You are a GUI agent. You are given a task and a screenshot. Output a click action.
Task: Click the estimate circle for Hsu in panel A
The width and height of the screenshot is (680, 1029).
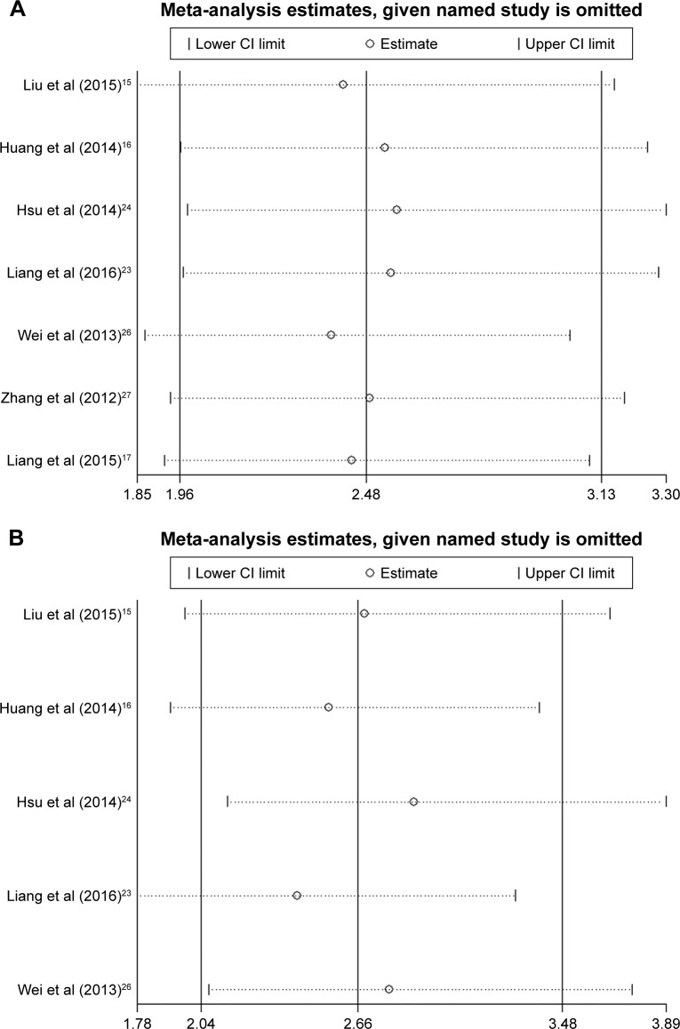click(x=396, y=210)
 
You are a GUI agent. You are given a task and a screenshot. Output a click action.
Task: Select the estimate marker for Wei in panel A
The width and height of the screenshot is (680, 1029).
click(x=332, y=335)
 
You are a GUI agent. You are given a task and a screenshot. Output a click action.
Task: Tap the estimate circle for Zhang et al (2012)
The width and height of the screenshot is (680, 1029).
click(x=370, y=397)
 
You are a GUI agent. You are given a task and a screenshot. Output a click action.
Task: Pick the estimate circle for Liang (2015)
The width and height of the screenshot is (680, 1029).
click(x=352, y=459)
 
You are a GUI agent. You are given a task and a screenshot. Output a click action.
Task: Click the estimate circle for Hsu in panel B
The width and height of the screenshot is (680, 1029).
click(x=413, y=802)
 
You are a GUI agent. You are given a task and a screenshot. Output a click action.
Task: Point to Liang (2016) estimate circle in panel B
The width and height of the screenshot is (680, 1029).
click(x=297, y=895)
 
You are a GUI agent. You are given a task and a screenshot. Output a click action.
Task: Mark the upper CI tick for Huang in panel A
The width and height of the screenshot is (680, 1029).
click(x=647, y=147)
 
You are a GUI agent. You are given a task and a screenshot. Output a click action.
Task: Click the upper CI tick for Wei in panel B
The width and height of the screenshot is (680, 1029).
click(x=631, y=989)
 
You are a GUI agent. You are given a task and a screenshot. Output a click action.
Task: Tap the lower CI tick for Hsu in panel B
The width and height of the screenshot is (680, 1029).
click(x=228, y=802)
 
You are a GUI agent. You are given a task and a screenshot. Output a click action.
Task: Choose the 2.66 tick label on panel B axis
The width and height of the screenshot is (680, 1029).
click(x=357, y=1022)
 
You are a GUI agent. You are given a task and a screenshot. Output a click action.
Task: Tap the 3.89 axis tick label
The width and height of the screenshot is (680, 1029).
click(x=665, y=1022)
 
